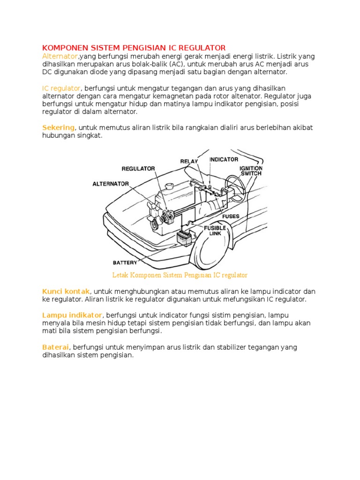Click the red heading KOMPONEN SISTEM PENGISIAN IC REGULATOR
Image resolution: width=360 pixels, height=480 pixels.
click(134, 48)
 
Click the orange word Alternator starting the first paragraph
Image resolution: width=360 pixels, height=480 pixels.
click(60, 56)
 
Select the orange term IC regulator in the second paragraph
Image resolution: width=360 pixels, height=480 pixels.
click(61, 88)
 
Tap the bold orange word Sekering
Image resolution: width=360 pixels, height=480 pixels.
click(58, 127)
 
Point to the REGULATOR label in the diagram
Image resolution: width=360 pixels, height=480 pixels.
click(138, 168)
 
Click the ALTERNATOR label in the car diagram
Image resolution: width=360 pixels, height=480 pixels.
click(111, 184)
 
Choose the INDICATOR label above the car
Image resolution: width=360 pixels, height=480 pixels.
click(224, 159)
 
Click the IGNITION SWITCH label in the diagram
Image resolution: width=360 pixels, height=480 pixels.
click(251, 171)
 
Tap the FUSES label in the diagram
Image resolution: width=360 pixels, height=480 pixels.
click(231, 217)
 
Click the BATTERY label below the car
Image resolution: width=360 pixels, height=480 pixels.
click(125, 262)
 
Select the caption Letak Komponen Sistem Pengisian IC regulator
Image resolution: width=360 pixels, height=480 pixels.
click(180, 275)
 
